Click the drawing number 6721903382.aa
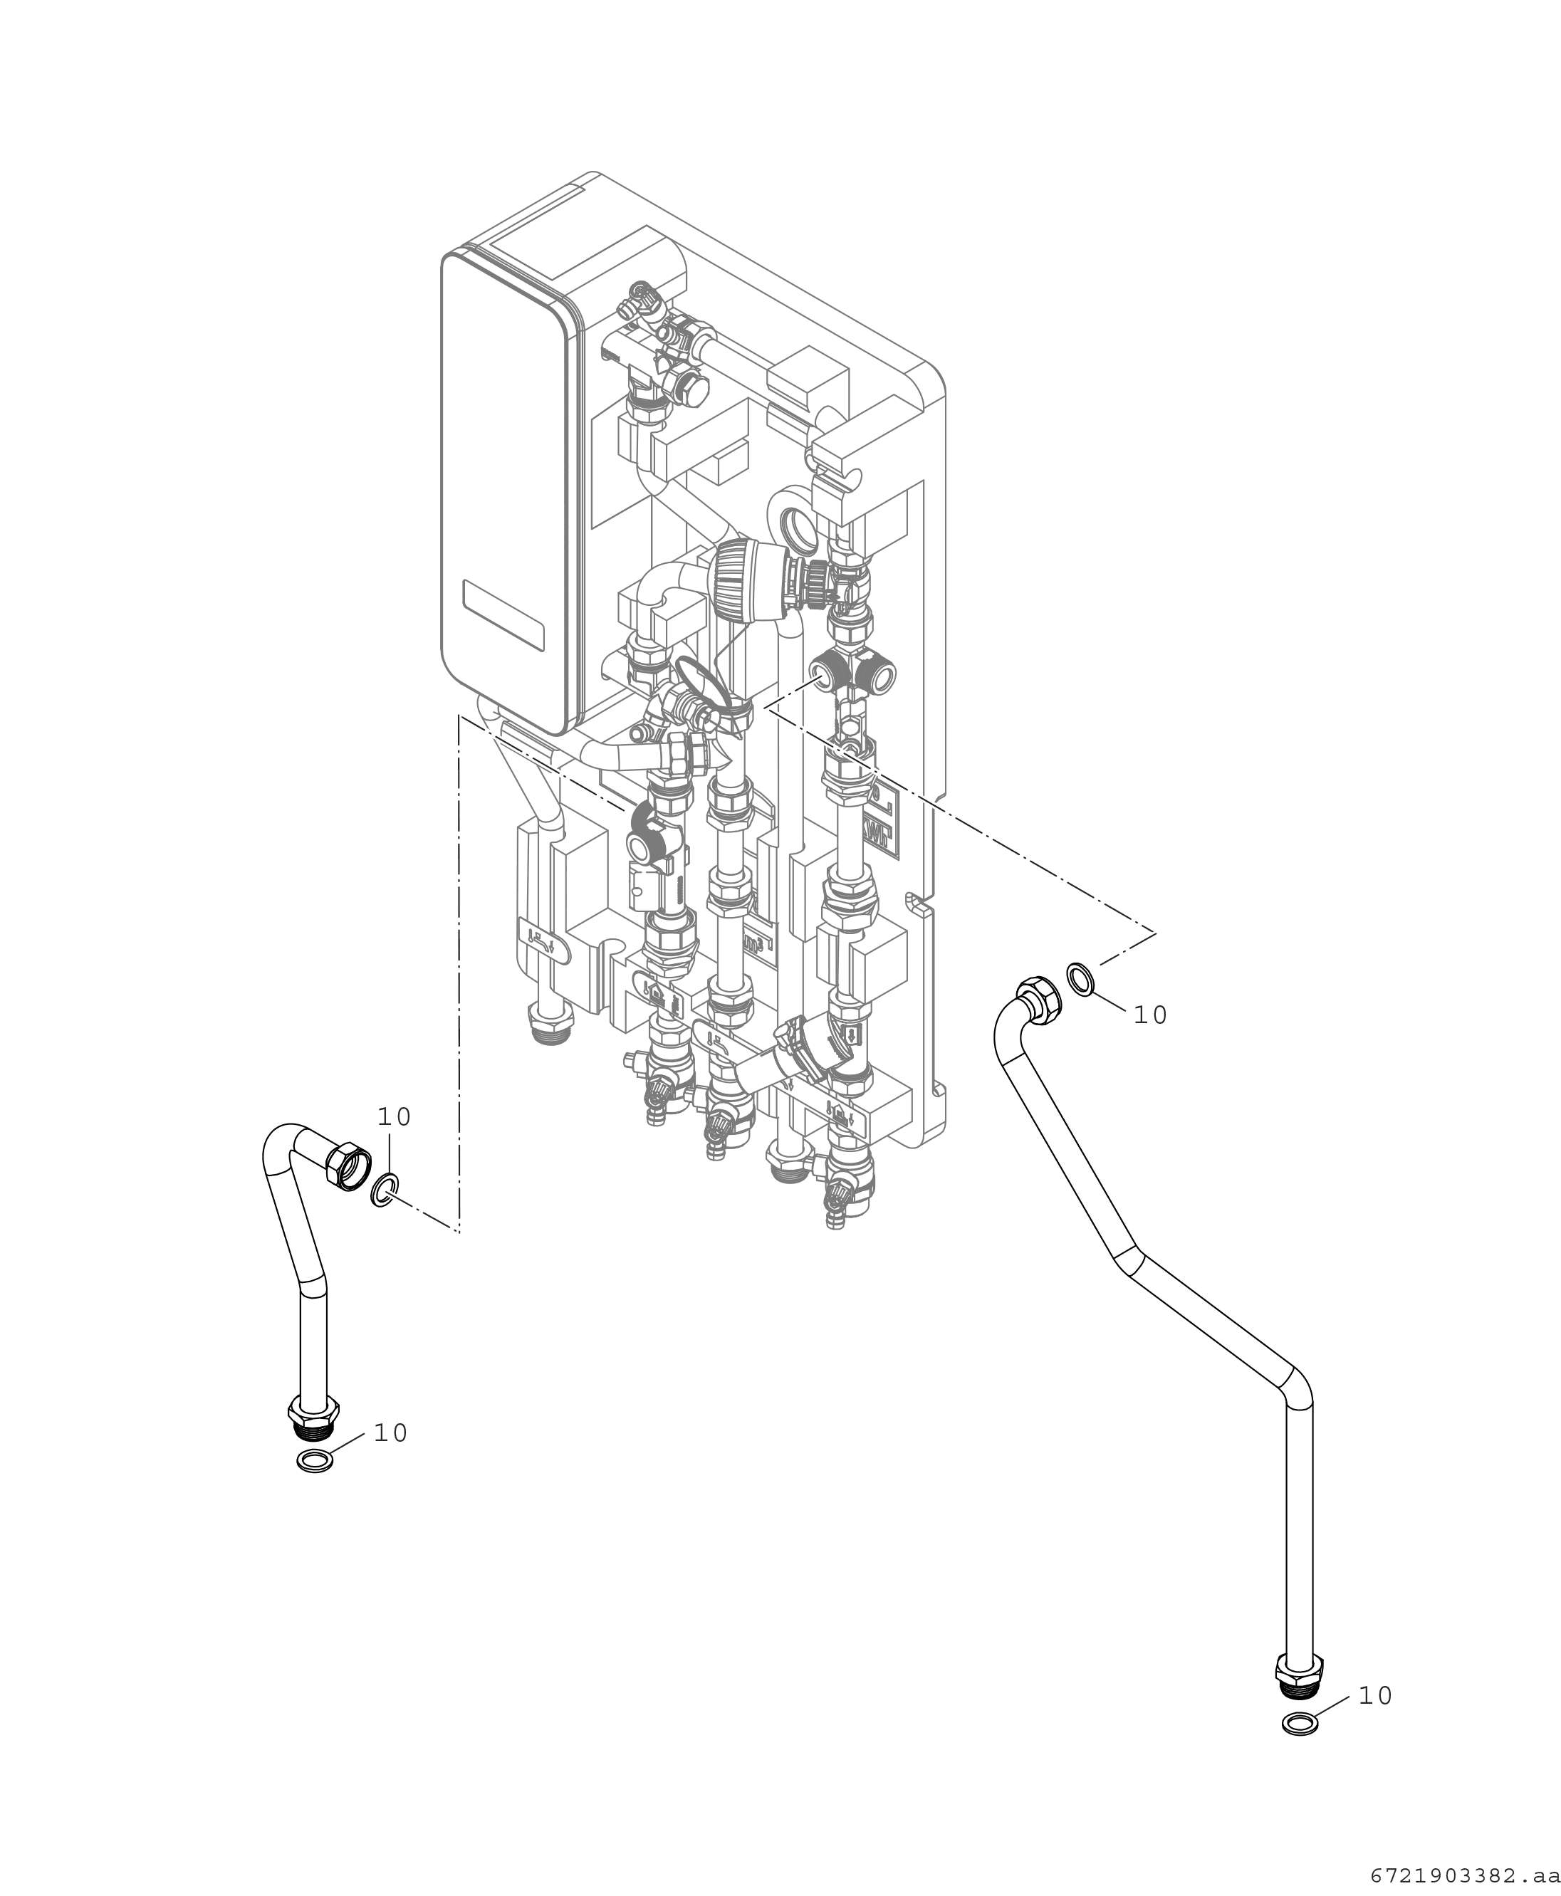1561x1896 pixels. tap(1465, 1875)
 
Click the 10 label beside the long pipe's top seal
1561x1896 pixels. tap(1150, 1015)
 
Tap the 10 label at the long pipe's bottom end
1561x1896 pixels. tap(1375, 1695)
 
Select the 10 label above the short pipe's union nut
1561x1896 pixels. tap(394, 1116)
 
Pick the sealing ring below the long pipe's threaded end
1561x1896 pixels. tap(1300, 1724)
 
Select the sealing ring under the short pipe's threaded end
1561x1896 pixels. tap(315, 1462)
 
